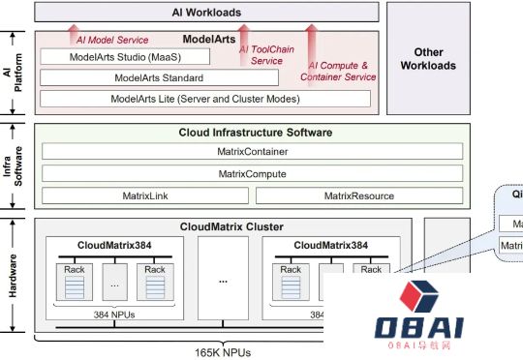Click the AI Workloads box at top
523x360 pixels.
click(x=205, y=13)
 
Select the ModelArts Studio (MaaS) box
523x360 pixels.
click(x=131, y=57)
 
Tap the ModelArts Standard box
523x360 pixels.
click(x=159, y=77)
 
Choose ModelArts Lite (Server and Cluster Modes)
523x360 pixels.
click(x=205, y=99)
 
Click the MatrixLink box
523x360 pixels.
click(x=143, y=195)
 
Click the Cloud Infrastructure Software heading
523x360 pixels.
click(x=256, y=133)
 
